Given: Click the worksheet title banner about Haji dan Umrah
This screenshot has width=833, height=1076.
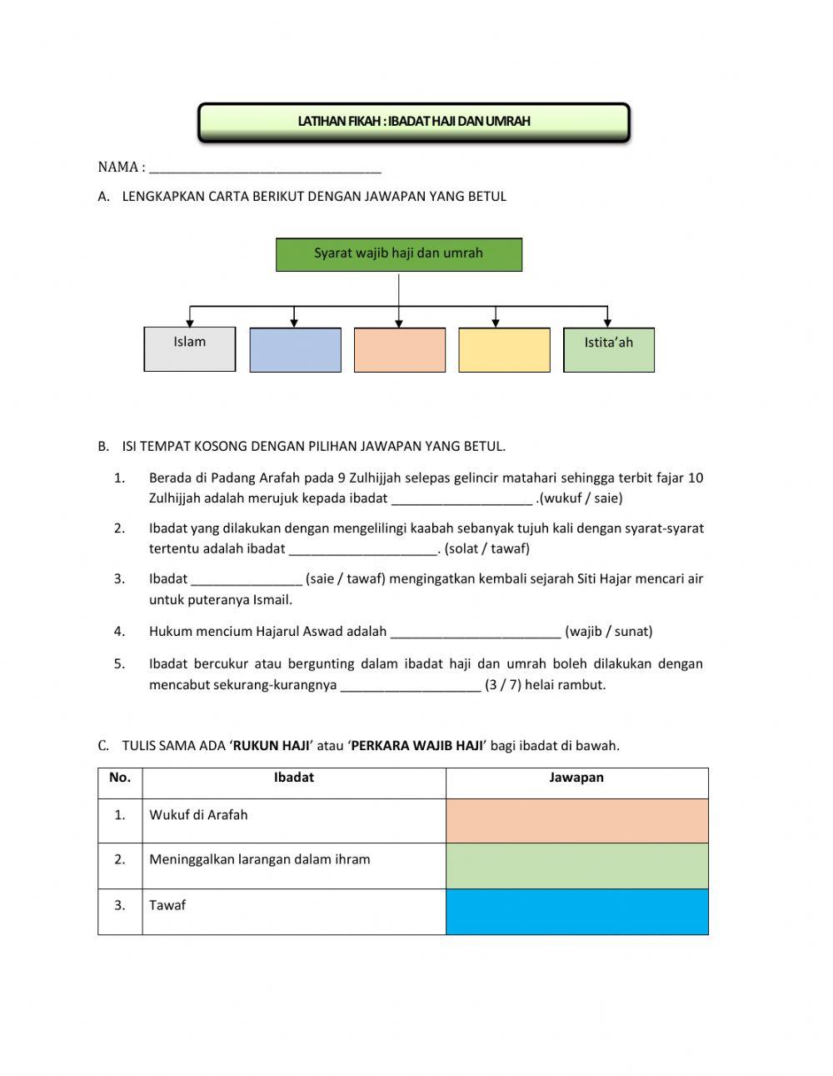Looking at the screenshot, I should (414, 122).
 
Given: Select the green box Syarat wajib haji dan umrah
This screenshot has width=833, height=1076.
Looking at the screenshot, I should (398, 254).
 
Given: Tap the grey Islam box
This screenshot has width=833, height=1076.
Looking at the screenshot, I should (190, 348).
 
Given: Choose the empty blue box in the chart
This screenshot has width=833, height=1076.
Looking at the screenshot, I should (295, 349).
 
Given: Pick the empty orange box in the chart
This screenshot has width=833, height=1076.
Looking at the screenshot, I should (400, 349).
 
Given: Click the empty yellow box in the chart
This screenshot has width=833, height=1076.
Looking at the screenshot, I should (504, 349).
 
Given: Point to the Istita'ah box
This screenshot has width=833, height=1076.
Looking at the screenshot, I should (609, 349).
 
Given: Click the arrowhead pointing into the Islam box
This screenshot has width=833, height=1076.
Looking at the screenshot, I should (190, 322).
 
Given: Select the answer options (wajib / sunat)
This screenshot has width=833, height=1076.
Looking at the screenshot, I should (609, 632).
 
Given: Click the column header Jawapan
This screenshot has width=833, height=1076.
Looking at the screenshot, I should (576, 778).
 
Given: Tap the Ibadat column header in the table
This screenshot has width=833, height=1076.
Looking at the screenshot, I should (294, 778).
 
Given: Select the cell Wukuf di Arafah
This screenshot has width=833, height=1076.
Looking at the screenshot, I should (198, 815).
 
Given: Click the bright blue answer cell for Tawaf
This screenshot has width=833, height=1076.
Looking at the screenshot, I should (576, 911).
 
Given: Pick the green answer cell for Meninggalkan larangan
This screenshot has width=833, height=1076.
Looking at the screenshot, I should (576, 865).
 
